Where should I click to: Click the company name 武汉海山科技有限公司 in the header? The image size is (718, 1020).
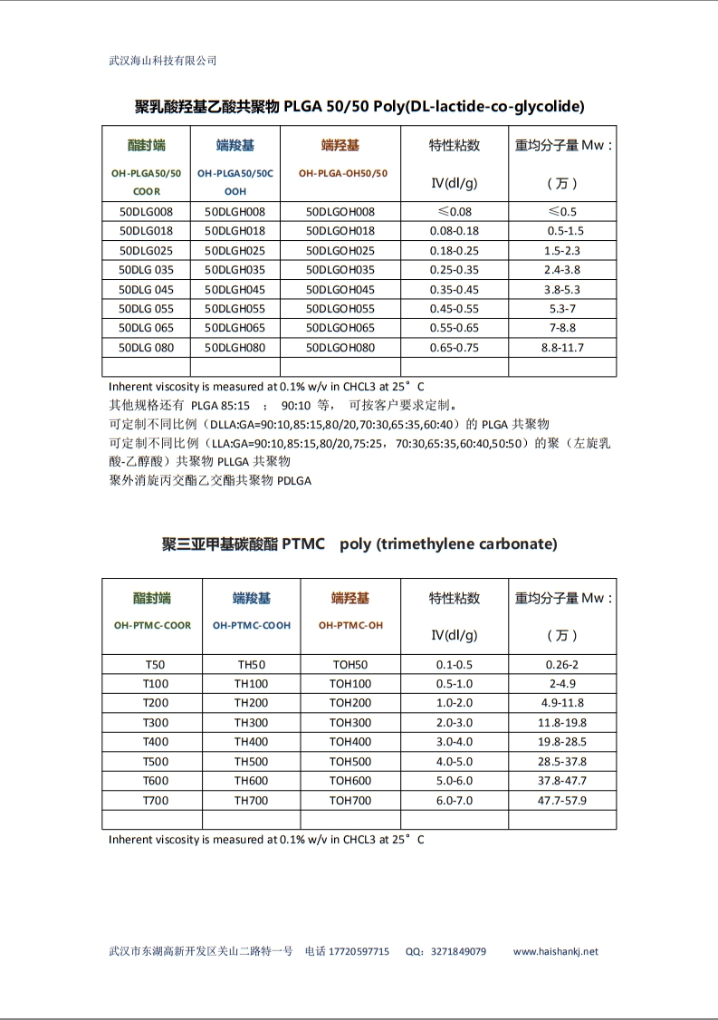(163, 61)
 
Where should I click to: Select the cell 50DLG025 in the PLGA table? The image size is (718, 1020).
(146, 250)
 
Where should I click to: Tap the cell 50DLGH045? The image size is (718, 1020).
(235, 290)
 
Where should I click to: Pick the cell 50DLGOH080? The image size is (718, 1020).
(340, 347)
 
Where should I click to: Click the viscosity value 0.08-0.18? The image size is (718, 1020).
(454, 231)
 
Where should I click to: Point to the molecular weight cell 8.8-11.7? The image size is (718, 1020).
(562, 347)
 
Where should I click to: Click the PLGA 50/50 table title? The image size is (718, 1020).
(359, 106)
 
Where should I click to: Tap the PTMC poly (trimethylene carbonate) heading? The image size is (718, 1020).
(359, 544)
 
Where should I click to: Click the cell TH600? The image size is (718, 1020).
(251, 780)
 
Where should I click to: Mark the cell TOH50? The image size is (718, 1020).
(350, 664)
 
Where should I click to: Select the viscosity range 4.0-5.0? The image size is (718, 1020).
(454, 761)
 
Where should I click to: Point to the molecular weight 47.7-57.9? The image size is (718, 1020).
(562, 800)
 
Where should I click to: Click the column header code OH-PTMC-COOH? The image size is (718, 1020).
(252, 625)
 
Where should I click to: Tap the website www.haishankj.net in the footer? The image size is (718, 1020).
(556, 951)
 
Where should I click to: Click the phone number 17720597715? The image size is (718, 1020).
(359, 951)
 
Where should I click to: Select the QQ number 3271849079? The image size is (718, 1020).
(458, 951)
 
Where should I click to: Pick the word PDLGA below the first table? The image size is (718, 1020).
(293, 481)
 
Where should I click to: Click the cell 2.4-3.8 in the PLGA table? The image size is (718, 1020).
(562, 270)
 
